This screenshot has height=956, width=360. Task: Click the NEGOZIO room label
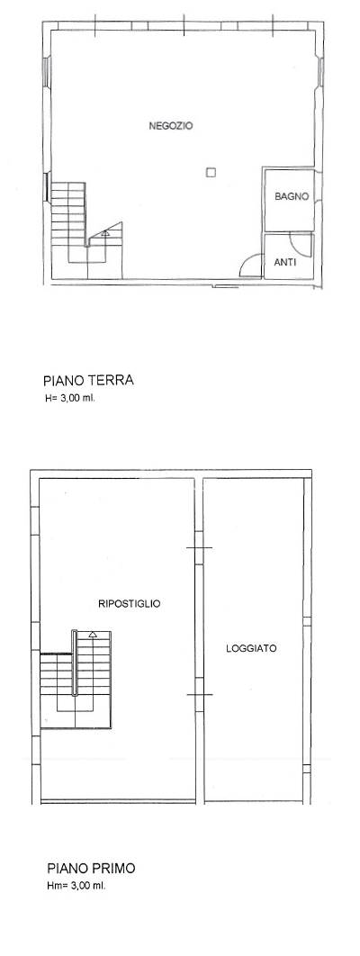pyautogui.click(x=171, y=126)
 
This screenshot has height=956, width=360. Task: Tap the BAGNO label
pyautogui.click(x=291, y=195)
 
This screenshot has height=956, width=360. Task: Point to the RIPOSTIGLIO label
pyautogui.click(x=129, y=604)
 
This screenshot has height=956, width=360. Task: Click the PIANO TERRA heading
pyautogui.click(x=88, y=380)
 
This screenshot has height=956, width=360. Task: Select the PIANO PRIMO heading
pyautogui.click(x=92, y=870)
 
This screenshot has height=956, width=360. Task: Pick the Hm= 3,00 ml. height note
pyautogui.click(x=76, y=886)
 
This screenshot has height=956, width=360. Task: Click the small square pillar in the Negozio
pyautogui.click(x=210, y=173)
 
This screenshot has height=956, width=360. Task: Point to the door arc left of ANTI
pyautogui.click(x=247, y=265)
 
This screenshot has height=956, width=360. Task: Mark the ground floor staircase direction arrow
pyautogui.click(x=105, y=233)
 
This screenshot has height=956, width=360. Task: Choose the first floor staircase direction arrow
pyautogui.click(x=93, y=636)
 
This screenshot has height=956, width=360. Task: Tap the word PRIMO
pyautogui.click(x=115, y=870)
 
